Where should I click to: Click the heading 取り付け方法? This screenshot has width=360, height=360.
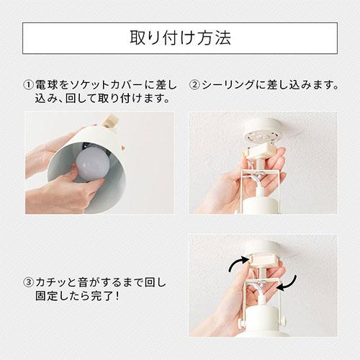point(180,37)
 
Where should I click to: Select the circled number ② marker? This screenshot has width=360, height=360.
point(194,85)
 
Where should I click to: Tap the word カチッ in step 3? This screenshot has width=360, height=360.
point(55,282)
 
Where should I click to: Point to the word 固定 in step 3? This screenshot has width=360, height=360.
point(46,297)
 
